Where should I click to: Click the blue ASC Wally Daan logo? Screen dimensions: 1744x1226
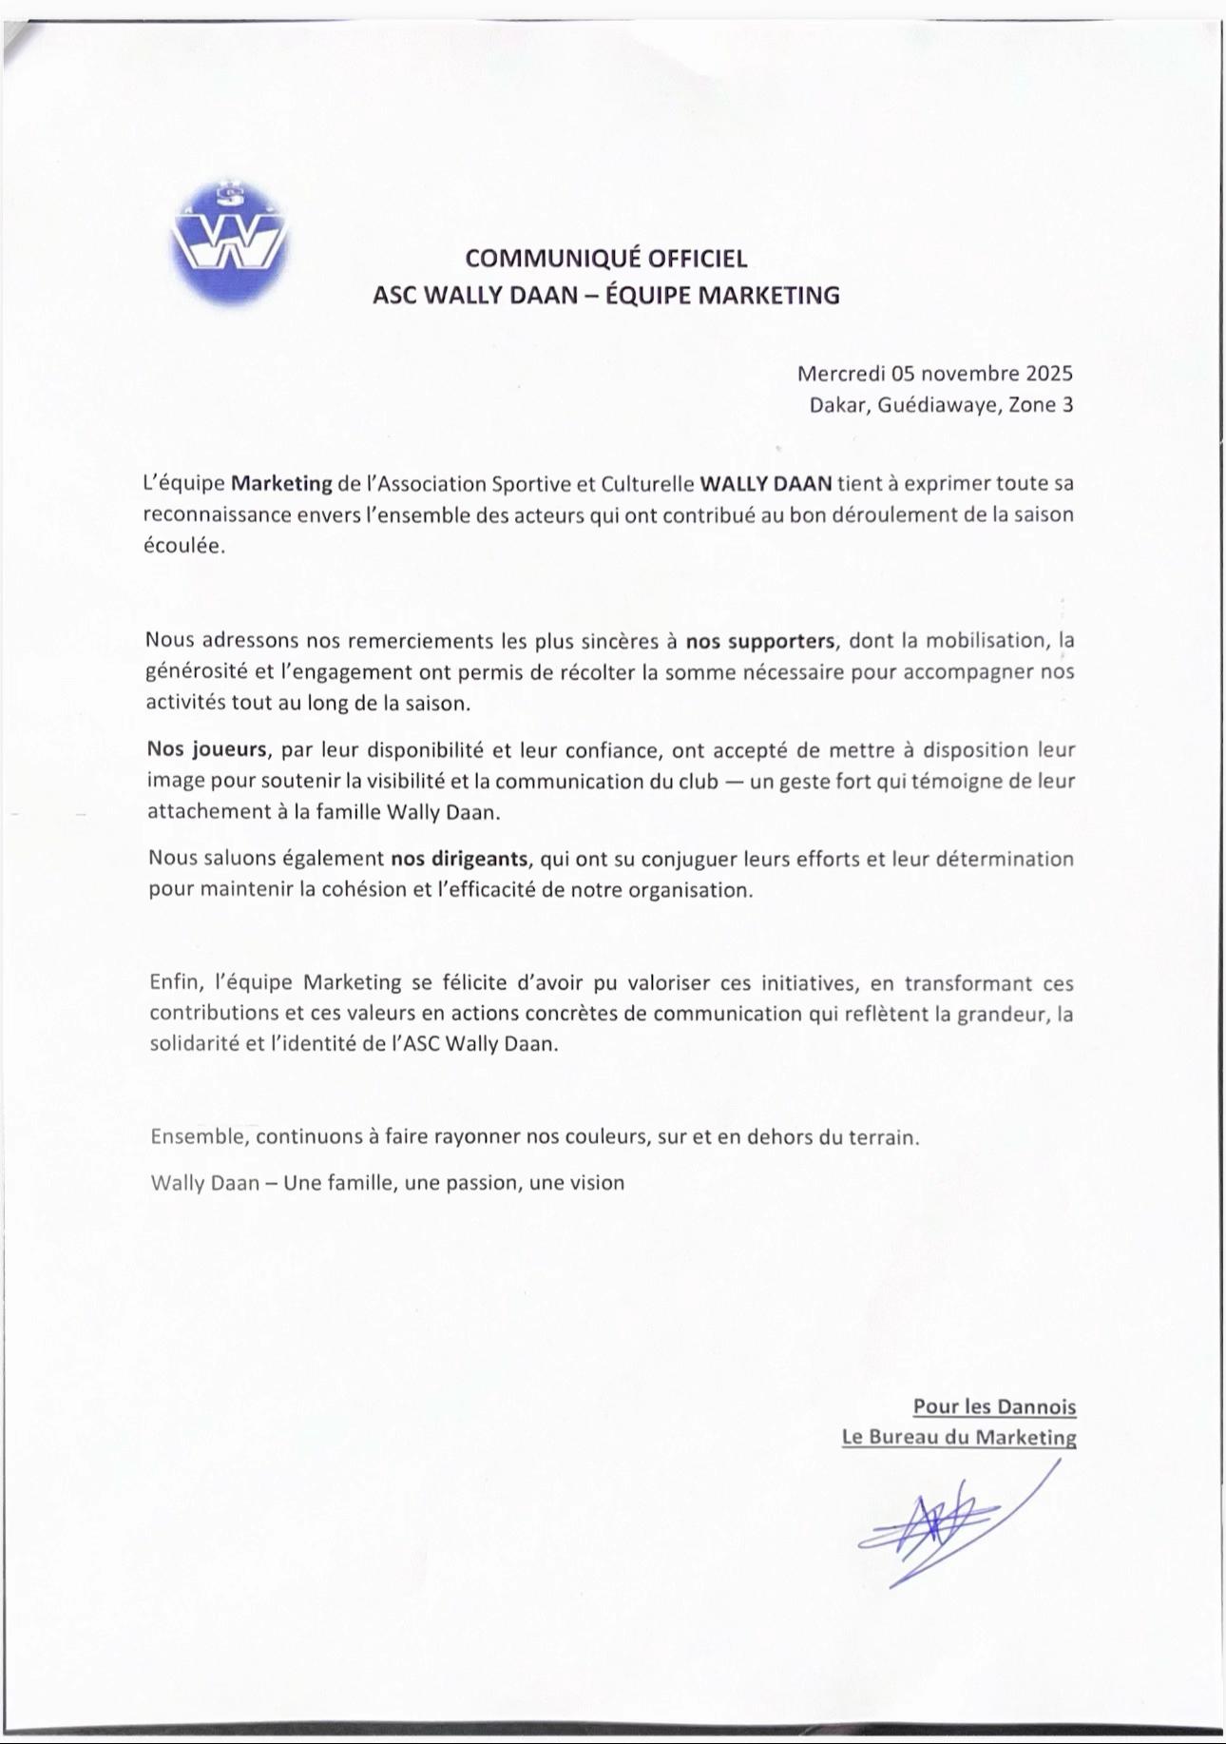point(229,246)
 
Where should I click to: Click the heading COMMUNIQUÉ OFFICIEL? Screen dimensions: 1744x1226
point(605,259)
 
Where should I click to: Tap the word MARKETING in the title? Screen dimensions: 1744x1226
point(769,296)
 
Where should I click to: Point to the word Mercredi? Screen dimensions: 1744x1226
point(841,373)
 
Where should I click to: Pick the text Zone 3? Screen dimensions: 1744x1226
point(1041,405)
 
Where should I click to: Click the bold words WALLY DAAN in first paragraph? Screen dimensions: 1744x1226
point(766,483)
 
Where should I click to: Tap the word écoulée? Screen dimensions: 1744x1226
point(184,547)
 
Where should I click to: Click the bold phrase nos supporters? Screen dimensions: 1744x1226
point(760,640)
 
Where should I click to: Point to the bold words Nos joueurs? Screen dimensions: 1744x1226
point(207,749)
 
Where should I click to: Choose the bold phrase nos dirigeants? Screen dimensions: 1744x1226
point(459,859)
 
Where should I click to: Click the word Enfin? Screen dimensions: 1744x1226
point(176,982)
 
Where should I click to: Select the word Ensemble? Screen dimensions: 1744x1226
point(199,1136)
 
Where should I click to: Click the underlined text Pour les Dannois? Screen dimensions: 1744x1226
point(994,1406)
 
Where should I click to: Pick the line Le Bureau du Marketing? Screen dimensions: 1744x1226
point(959,1437)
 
